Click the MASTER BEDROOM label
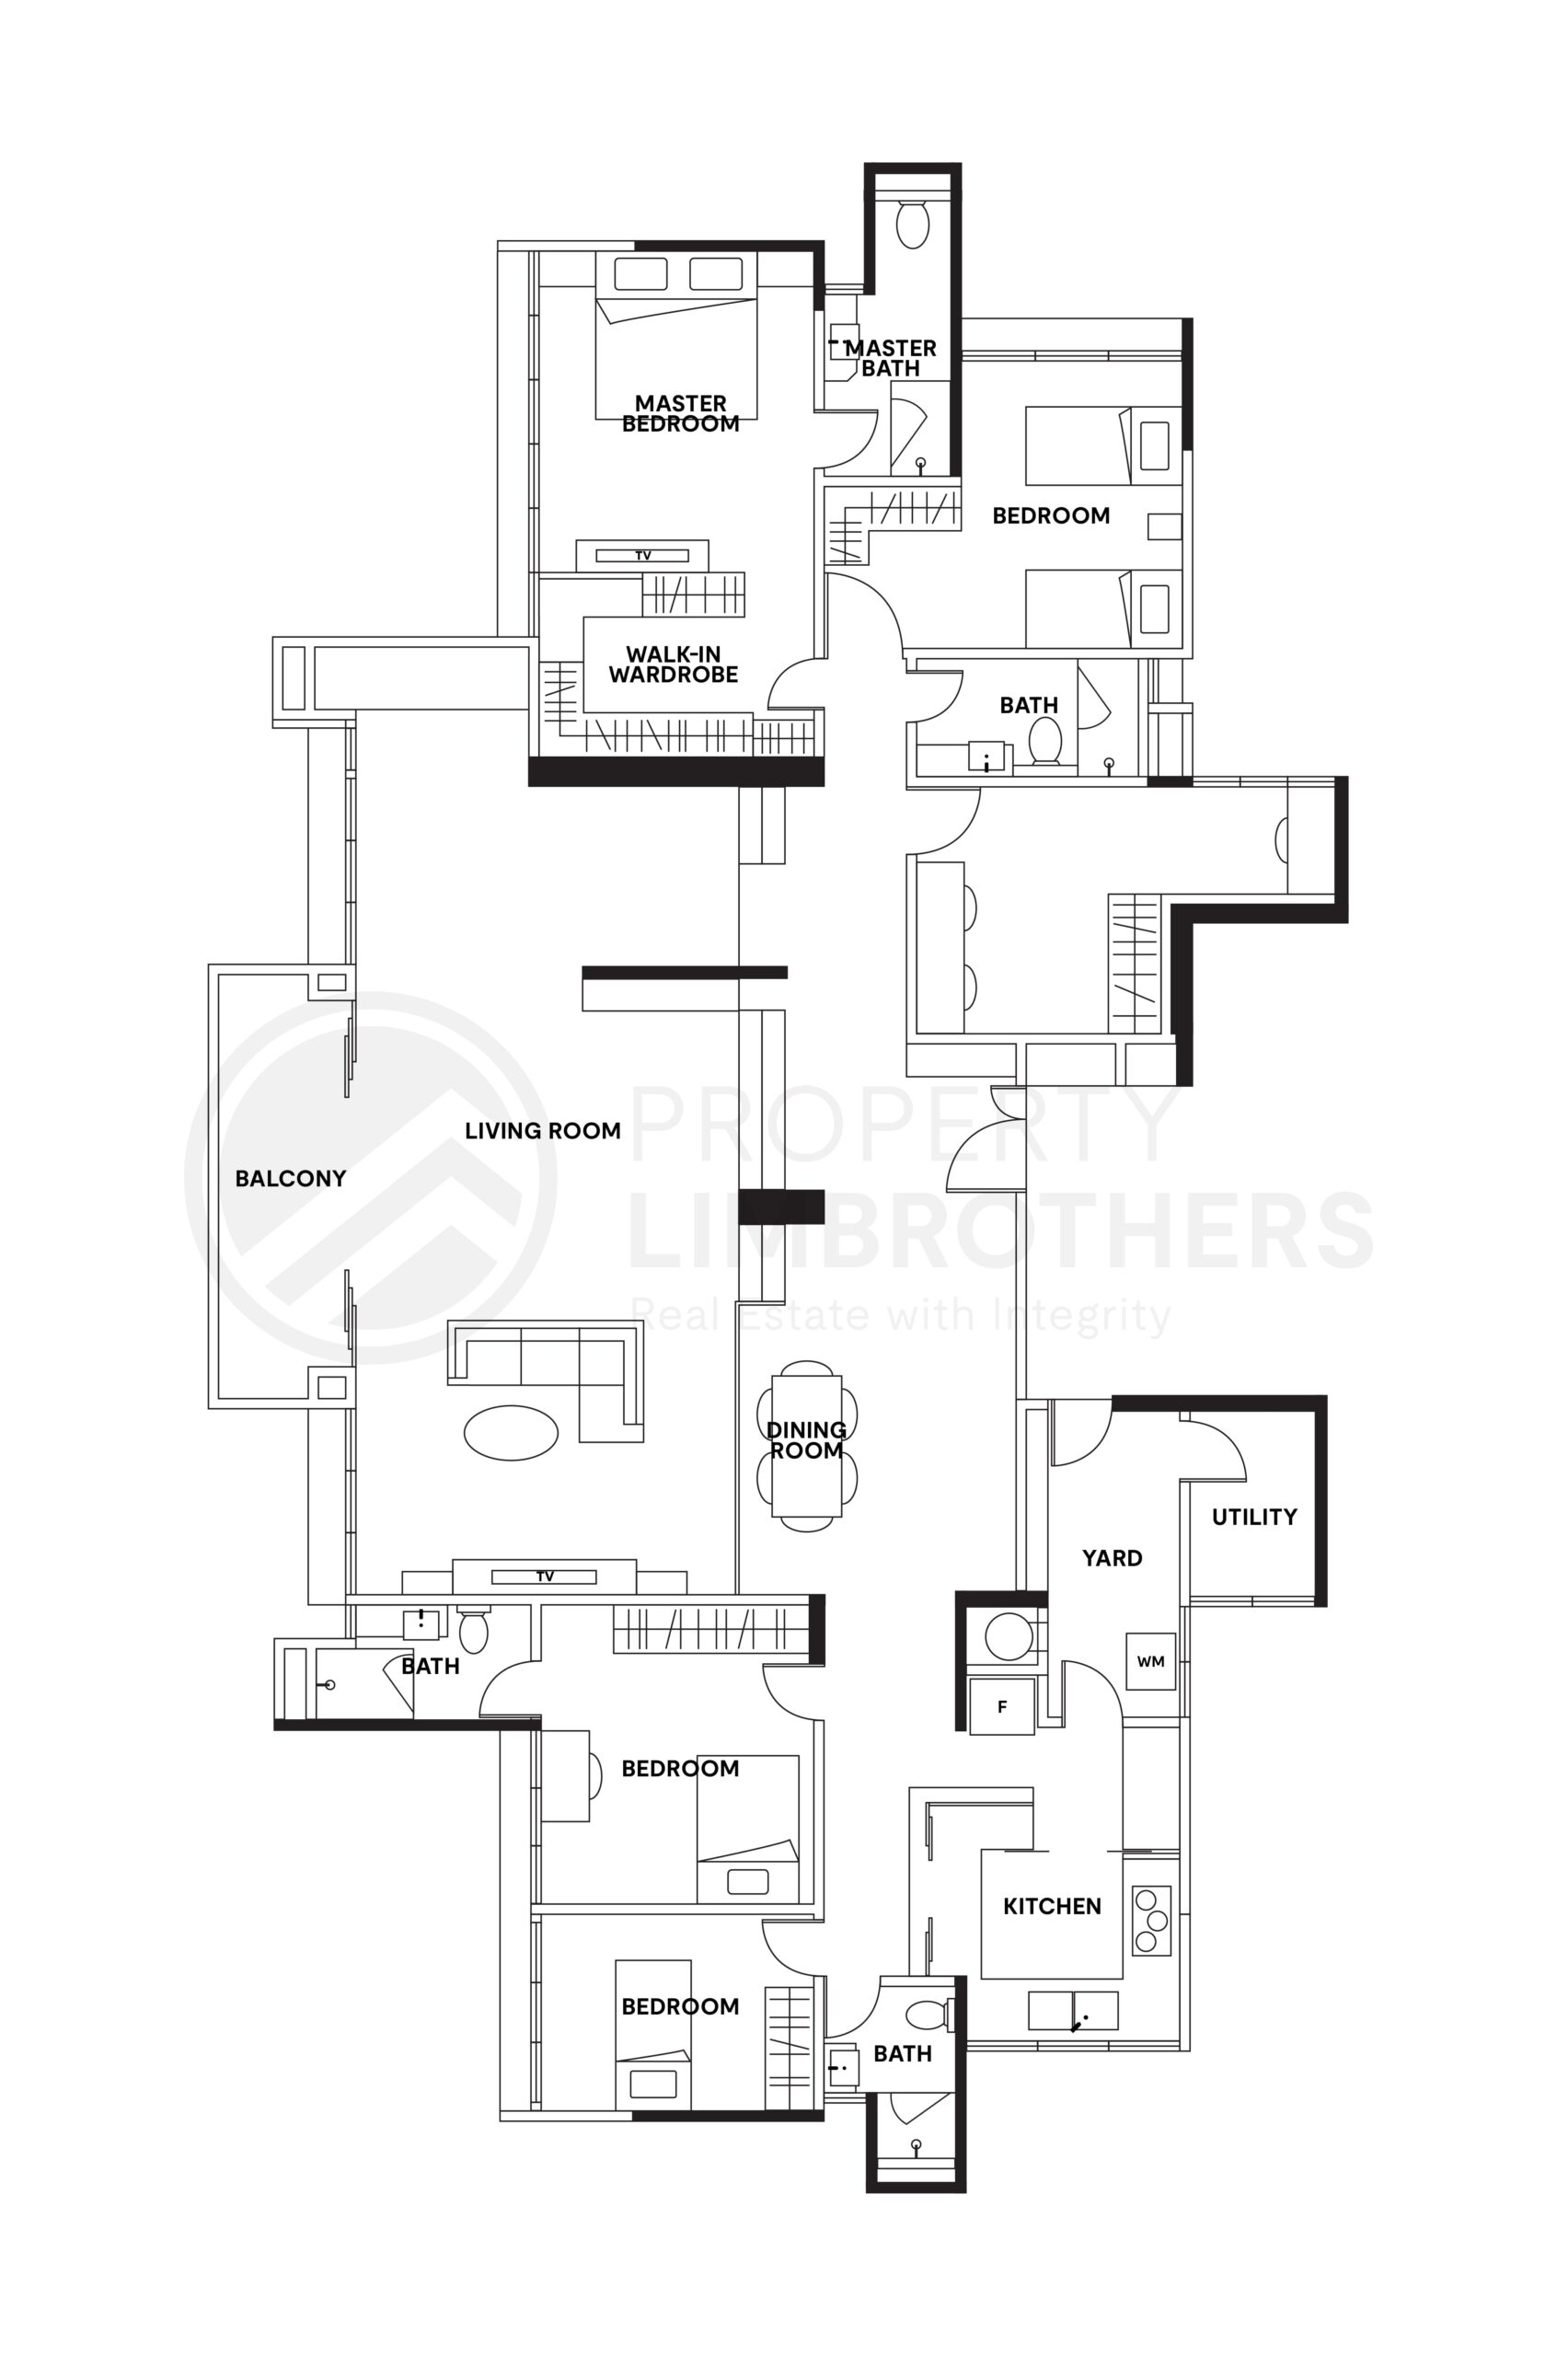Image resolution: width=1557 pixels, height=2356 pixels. [x=680, y=413]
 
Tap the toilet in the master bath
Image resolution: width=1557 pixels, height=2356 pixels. [x=912, y=225]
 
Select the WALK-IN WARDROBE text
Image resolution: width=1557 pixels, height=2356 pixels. [x=674, y=664]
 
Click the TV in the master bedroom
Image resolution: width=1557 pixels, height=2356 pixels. [x=642, y=555]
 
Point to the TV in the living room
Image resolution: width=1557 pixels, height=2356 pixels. [x=544, y=1576]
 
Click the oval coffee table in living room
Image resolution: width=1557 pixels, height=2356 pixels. [x=511, y=1433]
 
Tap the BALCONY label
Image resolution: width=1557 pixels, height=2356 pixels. [x=290, y=1179]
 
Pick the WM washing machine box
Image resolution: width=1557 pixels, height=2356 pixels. [x=1150, y=1661]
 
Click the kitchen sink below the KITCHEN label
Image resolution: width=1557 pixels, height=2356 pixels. [x=1072, y=2011]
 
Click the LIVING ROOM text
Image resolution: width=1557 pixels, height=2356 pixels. [x=542, y=1130]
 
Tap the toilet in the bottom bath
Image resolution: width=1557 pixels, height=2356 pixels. [x=927, y=2015]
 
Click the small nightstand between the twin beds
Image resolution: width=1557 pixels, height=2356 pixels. [x=1164, y=526]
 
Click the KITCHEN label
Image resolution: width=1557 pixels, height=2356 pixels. [x=1052, y=1906]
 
